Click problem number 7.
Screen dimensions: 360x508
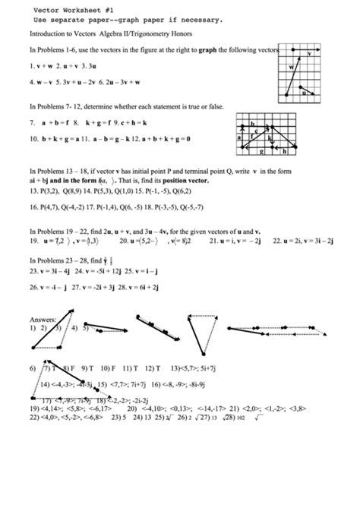click(x=33, y=121)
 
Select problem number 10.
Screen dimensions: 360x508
click(x=34, y=139)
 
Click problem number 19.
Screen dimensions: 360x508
click(x=34, y=241)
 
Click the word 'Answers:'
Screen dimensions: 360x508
click(x=43, y=320)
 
